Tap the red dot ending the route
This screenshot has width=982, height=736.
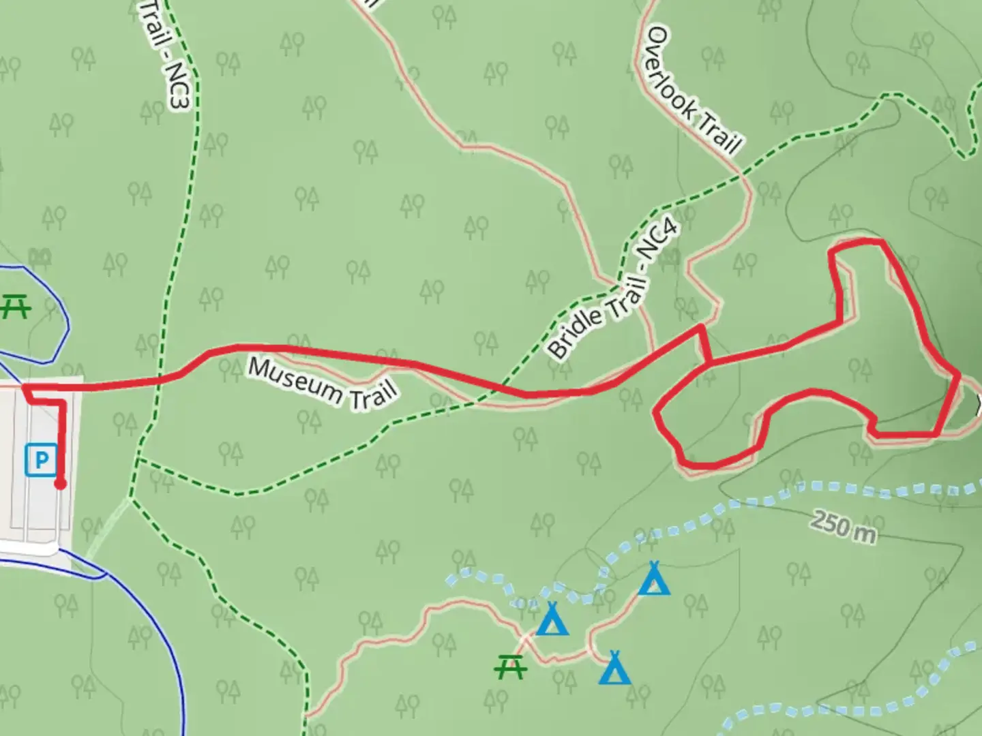coord(60,484)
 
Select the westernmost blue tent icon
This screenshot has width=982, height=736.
coord(552,619)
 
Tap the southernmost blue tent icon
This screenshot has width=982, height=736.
coord(614,668)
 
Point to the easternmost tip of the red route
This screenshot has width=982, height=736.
coord(959,375)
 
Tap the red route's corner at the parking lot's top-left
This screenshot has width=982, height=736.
coord(25,387)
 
